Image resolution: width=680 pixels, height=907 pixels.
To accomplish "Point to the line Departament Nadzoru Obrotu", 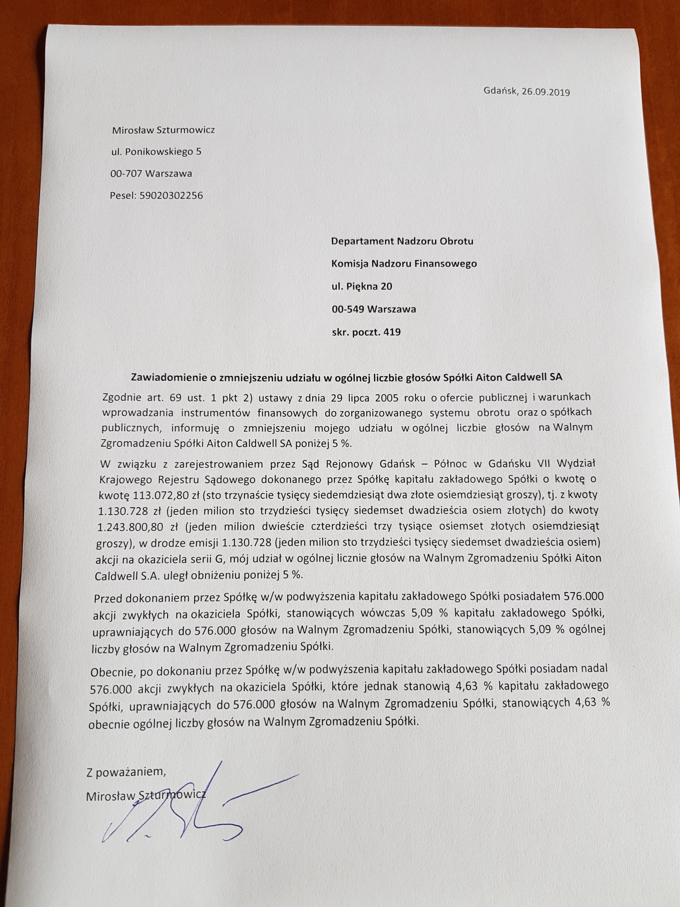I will (x=402, y=241).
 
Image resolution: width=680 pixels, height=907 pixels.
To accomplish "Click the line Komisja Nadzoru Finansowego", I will (x=404, y=264).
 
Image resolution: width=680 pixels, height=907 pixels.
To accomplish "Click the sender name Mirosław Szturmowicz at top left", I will (x=163, y=130).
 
